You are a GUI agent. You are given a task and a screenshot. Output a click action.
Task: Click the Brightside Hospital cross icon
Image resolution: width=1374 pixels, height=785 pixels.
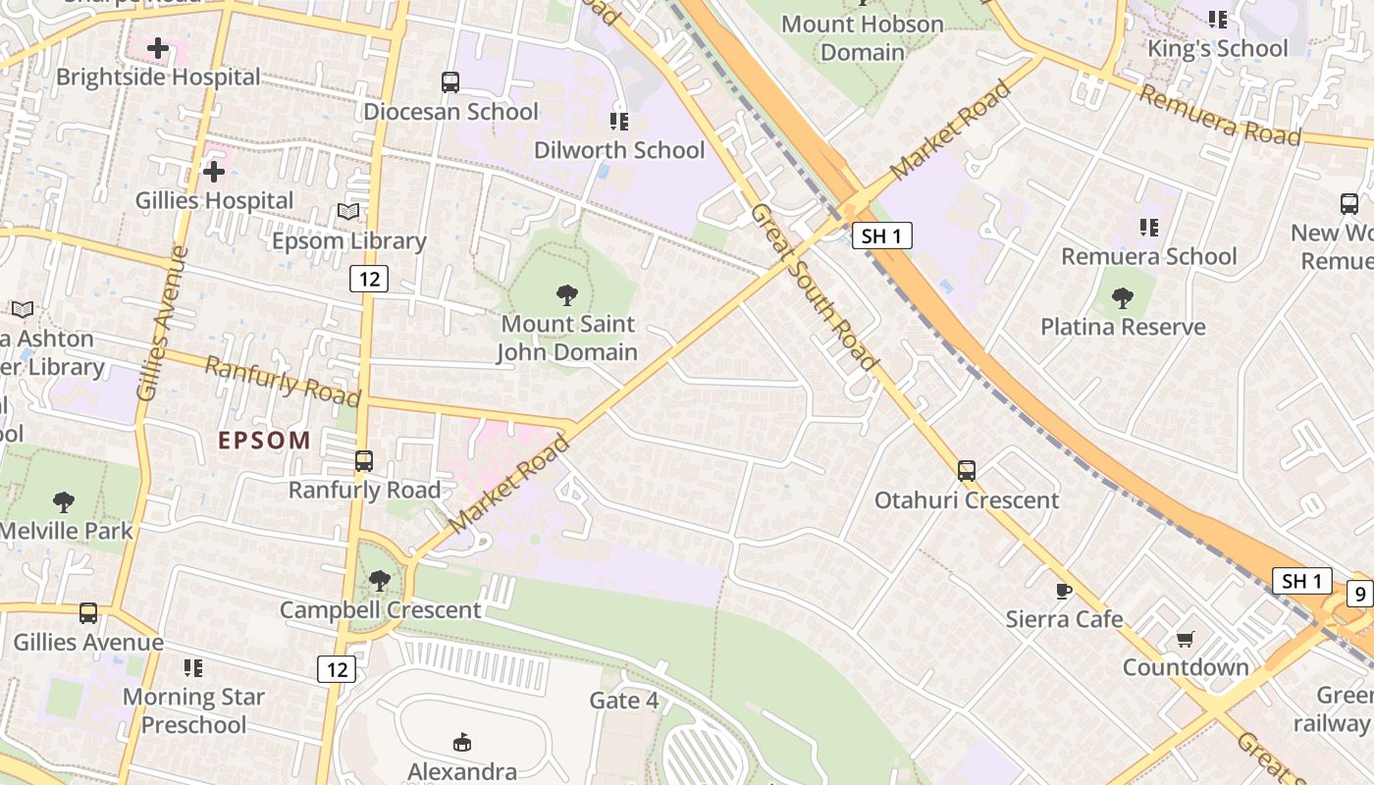coord(158,48)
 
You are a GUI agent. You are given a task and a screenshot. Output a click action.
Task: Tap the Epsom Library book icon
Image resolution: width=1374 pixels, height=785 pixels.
coord(348,211)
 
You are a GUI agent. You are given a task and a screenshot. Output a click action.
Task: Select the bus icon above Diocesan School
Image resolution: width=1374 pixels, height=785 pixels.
coord(450,82)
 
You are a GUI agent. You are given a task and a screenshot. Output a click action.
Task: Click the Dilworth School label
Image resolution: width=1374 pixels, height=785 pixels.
coord(619,150)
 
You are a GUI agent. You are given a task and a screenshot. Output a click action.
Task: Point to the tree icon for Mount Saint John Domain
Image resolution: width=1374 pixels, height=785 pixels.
coord(566,294)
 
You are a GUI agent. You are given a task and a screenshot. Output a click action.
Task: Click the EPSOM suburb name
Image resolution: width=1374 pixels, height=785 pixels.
coord(264,441)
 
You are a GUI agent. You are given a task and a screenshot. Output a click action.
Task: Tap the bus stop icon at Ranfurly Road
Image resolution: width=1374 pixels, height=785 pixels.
coord(364,460)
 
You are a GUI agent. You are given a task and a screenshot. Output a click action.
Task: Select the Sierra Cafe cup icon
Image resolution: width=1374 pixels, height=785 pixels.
coord(1063,590)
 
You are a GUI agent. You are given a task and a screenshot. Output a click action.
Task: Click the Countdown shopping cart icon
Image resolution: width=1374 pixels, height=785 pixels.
coord(1186,639)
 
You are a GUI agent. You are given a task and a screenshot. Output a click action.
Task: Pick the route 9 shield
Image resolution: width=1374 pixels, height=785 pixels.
coord(1358,593)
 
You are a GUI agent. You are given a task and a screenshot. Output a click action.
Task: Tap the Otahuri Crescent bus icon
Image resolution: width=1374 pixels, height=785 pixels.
coord(967,471)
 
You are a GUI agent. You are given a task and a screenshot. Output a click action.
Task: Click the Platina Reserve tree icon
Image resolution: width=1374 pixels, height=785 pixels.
coord(1123,298)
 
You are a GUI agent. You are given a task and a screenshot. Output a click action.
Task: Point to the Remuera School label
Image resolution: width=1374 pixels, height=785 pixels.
coord(1149,256)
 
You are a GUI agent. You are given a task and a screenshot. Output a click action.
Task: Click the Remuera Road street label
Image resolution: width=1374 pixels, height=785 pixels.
coord(1220,116)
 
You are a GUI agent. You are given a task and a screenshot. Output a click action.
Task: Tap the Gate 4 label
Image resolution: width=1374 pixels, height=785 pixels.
coord(624,701)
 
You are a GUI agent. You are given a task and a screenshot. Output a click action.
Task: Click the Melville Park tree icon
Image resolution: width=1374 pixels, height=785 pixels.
coord(64,502)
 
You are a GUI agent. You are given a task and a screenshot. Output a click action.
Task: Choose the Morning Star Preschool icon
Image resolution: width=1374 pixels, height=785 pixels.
coord(193,668)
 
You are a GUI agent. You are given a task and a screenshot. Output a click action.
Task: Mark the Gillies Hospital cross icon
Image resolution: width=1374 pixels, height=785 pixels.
coord(214,173)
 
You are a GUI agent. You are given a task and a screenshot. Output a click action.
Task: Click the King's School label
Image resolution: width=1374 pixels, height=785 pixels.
coord(1217,48)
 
